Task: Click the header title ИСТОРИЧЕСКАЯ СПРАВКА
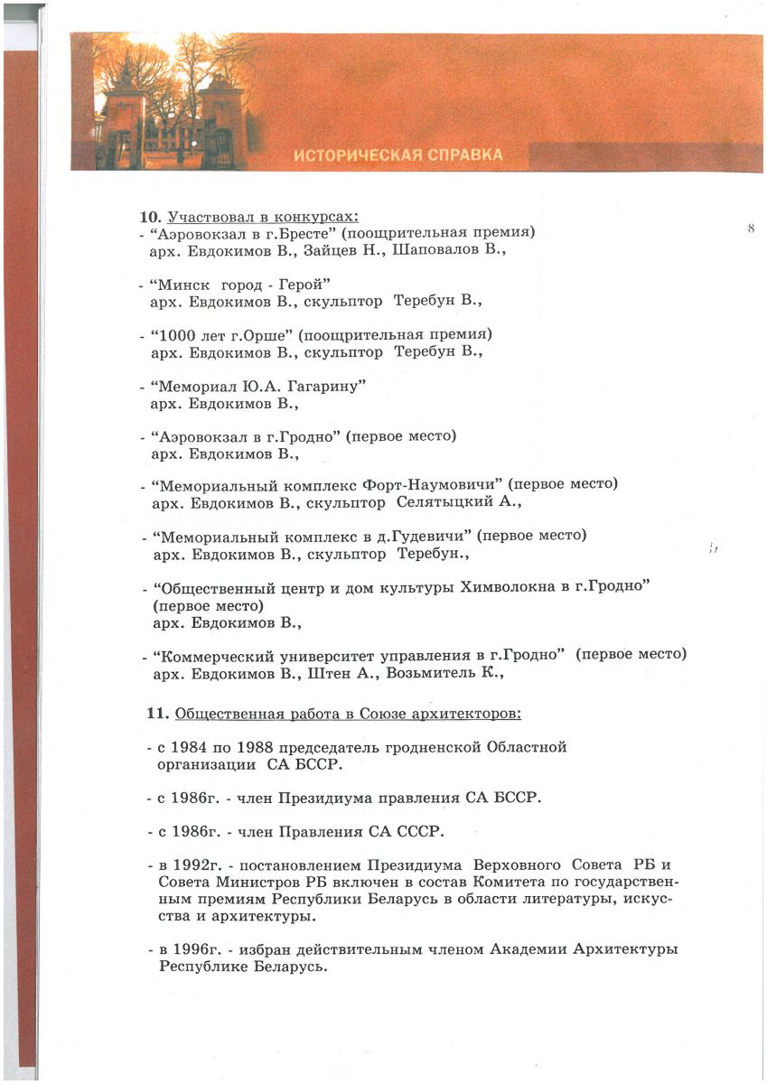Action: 398,155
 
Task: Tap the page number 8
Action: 751,229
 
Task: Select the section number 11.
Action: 157,714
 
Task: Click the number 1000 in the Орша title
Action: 181,334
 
